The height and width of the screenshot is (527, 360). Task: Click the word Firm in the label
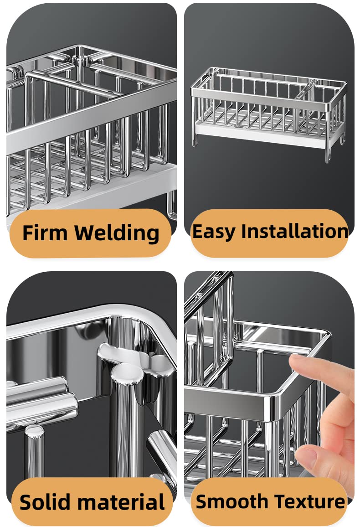pos(45,232)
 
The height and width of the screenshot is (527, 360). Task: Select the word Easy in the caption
pos(214,232)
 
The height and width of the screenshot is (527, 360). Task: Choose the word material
pos(123,502)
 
